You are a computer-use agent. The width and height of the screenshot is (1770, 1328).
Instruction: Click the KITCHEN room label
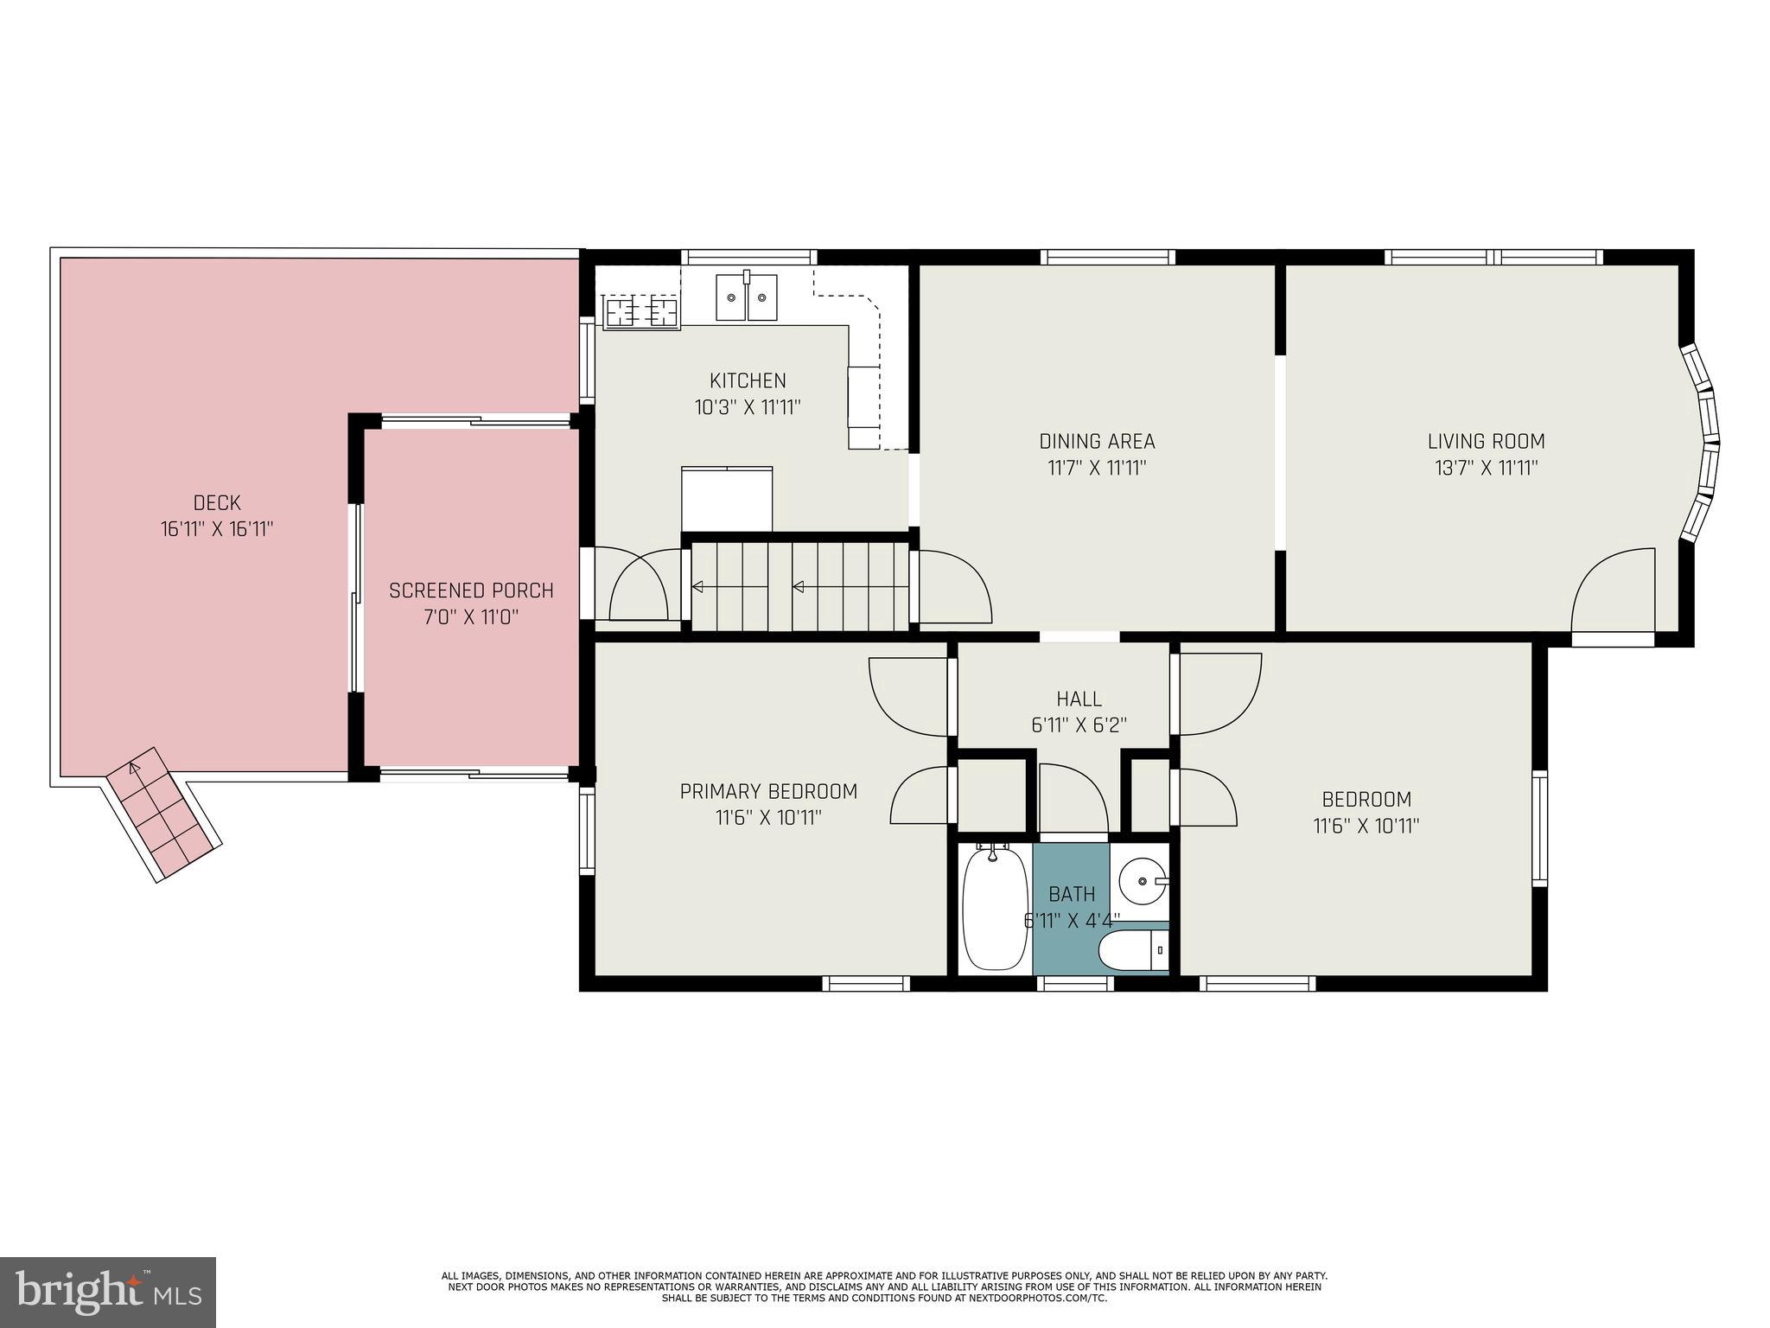click(748, 380)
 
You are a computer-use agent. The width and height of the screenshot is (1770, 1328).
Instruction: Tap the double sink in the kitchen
click(746, 297)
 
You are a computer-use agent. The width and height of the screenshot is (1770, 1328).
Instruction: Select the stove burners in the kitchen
click(640, 310)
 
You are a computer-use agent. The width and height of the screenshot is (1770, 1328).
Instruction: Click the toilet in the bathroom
click(1133, 952)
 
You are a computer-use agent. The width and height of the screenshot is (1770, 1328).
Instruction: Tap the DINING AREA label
click(1096, 441)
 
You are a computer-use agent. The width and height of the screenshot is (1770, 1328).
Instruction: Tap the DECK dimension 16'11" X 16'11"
click(216, 529)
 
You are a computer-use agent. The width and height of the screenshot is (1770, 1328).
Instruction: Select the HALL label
click(1079, 699)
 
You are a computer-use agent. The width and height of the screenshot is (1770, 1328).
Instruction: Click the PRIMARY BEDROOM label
click(767, 791)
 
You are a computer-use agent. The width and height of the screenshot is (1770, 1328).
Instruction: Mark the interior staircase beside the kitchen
click(799, 587)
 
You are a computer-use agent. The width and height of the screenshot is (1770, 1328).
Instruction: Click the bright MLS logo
click(107, 1292)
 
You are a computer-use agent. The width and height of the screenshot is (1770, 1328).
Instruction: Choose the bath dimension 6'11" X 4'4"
click(1072, 921)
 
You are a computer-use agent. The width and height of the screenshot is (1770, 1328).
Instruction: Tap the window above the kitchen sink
click(748, 257)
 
